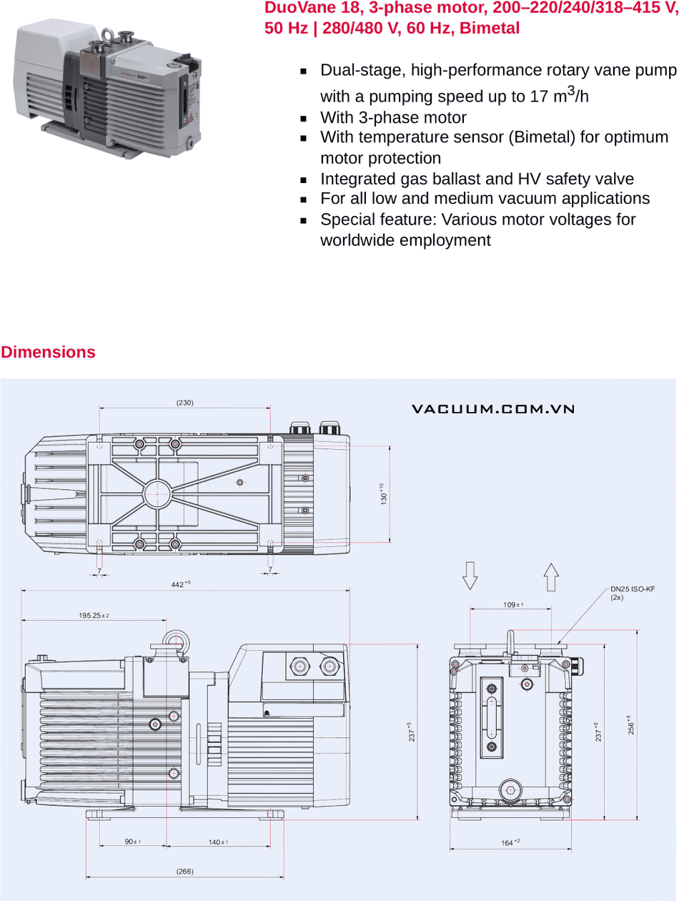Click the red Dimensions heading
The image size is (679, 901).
(48, 352)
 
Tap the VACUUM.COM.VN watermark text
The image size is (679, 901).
(493, 409)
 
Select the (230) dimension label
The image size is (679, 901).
(184, 403)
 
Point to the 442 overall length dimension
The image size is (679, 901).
(179, 584)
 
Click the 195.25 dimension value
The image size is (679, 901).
(93, 615)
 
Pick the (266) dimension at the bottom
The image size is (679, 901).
(184, 871)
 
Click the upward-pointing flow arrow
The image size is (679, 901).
(550, 576)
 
